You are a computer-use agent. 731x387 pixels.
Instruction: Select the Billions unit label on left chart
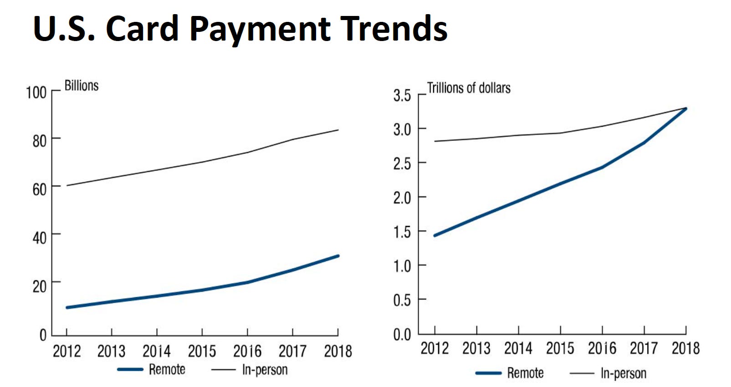coord(82,86)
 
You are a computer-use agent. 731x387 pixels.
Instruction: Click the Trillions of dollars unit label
coord(469,88)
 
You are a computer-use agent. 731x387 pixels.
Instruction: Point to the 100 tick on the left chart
coord(36,93)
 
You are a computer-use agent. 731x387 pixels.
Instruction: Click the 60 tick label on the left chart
coord(39,189)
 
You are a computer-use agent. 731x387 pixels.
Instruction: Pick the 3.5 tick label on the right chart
coord(402,96)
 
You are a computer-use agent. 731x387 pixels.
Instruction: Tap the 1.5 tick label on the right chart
coord(402,232)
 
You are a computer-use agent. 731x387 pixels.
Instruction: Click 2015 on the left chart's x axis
coord(202,351)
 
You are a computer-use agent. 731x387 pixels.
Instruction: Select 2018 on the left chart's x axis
coord(338,351)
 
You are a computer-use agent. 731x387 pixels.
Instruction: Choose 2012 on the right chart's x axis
coord(435,348)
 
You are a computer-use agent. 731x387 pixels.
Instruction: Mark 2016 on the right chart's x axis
coord(602,348)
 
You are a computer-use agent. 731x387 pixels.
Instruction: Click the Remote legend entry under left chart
coord(167,369)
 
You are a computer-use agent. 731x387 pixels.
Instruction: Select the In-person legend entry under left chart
coord(265,370)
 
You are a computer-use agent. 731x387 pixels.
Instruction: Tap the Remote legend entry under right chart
coord(525,373)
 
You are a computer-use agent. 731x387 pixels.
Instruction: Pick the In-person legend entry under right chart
coord(623,373)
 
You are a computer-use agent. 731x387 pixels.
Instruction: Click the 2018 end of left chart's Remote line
coord(338,256)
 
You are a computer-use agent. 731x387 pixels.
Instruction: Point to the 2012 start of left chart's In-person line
coord(67,186)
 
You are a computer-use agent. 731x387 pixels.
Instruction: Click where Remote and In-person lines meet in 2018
coord(685,108)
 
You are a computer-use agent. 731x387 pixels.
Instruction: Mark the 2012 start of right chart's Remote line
coord(435,236)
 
